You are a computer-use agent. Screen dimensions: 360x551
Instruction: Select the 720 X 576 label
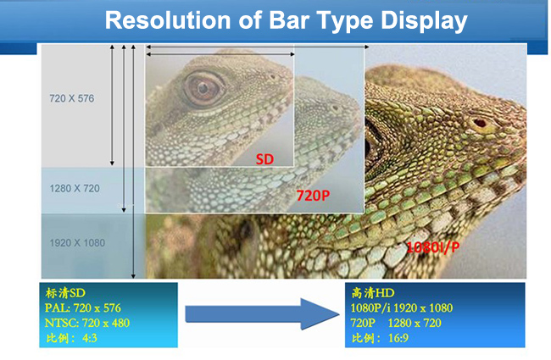71,99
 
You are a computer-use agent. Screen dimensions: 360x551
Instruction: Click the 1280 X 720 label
75,188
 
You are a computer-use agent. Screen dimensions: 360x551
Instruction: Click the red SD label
265,158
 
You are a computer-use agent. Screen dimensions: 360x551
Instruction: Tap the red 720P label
311,196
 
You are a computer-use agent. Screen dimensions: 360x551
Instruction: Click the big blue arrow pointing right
259,315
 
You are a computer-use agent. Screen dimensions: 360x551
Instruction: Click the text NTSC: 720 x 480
87,323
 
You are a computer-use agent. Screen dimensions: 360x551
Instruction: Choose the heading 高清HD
374,292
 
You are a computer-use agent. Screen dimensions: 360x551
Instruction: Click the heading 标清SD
65,292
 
